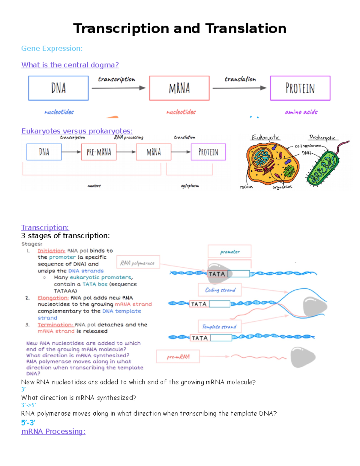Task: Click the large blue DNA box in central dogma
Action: coord(58,88)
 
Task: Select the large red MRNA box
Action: coord(179,88)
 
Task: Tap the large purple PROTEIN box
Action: coord(300,88)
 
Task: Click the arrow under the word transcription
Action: coord(118,88)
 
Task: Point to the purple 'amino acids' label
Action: coord(301,112)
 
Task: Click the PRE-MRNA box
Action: coord(99,152)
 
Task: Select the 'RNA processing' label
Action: coord(128,137)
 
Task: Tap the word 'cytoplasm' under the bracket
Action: coord(190,186)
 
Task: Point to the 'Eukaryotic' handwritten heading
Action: coord(265,137)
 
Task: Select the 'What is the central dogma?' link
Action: coord(70,65)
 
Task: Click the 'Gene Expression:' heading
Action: coord(52,48)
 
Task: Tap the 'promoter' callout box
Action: coord(229,251)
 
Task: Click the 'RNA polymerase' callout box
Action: coord(138,263)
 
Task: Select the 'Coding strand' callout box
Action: coord(220,290)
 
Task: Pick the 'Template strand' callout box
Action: coord(219,326)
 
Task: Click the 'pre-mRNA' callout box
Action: coord(178,356)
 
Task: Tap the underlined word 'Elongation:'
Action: coord(53,298)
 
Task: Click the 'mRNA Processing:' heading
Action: coord(53,431)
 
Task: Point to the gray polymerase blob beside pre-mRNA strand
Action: coord(302,357)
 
